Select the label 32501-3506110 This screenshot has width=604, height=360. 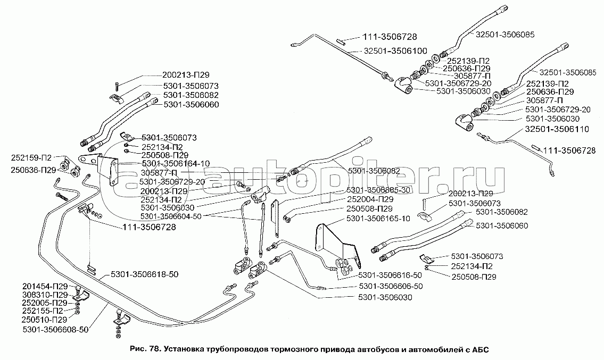[x=557, y=129]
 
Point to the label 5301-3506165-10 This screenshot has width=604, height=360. [x=378, y=219]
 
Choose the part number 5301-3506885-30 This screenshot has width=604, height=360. [x=378, y=189]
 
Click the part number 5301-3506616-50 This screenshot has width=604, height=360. [x=390, y=275]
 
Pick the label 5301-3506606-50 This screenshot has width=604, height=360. [x=390, y=286]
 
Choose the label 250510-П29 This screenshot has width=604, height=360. [x=45, y=320]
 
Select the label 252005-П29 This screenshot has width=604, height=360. [x=45, y=303]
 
